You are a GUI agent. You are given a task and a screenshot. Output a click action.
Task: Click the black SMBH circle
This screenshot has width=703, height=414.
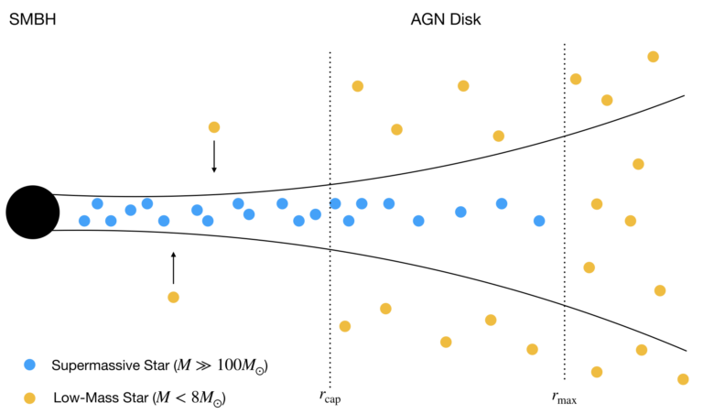[x=33, y=212]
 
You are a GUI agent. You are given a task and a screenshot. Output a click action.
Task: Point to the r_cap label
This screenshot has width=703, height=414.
[x=330, y=397]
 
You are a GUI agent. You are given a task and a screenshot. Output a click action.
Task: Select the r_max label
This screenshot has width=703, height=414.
[x=564, y=397]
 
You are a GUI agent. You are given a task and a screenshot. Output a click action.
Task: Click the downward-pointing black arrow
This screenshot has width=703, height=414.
[x=214, y=156]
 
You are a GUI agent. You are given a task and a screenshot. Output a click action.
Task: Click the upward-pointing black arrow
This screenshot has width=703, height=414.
[x=173, y=267]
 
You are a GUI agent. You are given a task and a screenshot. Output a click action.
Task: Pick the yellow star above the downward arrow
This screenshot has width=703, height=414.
[x=214, y=127]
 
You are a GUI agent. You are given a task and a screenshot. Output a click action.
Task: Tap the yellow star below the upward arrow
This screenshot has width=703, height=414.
[x=173, y=297]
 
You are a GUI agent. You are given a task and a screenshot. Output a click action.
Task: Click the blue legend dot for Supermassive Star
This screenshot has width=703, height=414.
[x=30, y=365]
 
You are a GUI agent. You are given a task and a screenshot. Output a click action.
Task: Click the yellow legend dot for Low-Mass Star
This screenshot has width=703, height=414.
[x=30, y=398]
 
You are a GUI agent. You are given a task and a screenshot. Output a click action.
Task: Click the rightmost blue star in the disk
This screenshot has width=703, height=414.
[x=539, y=221]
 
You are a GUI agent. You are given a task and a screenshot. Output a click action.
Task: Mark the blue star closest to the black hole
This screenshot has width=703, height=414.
[x=84, y=221]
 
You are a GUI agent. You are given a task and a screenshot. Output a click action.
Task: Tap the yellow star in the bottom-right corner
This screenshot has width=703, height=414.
[x=682, y=378]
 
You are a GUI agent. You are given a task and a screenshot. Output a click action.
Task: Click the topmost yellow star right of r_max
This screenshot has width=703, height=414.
[x=653, y=57]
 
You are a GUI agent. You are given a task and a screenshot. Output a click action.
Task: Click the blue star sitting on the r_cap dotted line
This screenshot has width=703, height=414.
[x=335, y=203]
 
